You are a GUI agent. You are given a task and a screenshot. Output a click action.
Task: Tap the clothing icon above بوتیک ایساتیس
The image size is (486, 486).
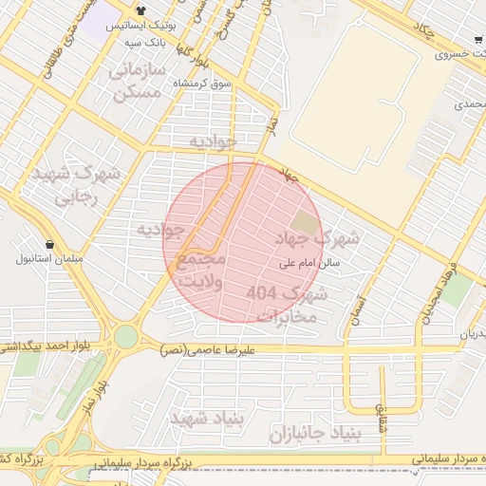pos(140,11)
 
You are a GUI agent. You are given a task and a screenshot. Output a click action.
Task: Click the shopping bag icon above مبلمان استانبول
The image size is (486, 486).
pos(49,244)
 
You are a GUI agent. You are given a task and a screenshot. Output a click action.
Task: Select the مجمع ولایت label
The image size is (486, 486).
pos(201,270)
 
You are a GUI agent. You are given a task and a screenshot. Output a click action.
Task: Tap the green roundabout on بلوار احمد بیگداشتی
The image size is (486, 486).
pos(125,337)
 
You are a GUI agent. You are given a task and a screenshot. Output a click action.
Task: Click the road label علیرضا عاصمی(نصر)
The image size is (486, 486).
pos(208,349)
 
